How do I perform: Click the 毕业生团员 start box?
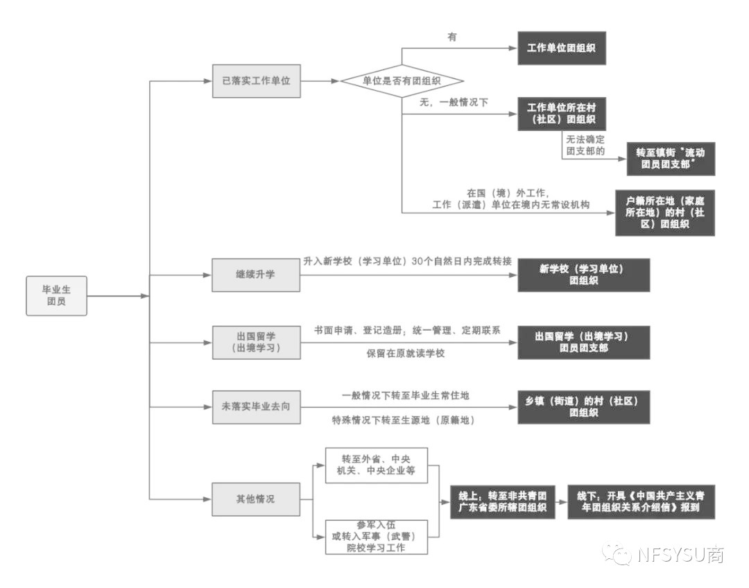[57, 296]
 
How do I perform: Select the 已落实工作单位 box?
[257, 80]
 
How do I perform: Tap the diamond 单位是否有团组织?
[402, 81]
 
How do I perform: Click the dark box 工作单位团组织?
[561, 49]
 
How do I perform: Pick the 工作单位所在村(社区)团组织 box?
[561, 114]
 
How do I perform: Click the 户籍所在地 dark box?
[665, 213]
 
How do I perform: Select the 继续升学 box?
[257, 275]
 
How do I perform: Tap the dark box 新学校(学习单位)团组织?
[584, 275]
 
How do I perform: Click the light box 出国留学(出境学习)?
[257, 343]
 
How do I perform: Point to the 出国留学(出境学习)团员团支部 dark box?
[584, 343]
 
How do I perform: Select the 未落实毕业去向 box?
[257, 407]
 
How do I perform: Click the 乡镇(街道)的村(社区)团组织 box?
[584, 407]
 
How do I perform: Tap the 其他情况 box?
[257, 499]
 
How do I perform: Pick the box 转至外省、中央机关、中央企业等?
[376, 465]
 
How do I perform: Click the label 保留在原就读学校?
[406, 354]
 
